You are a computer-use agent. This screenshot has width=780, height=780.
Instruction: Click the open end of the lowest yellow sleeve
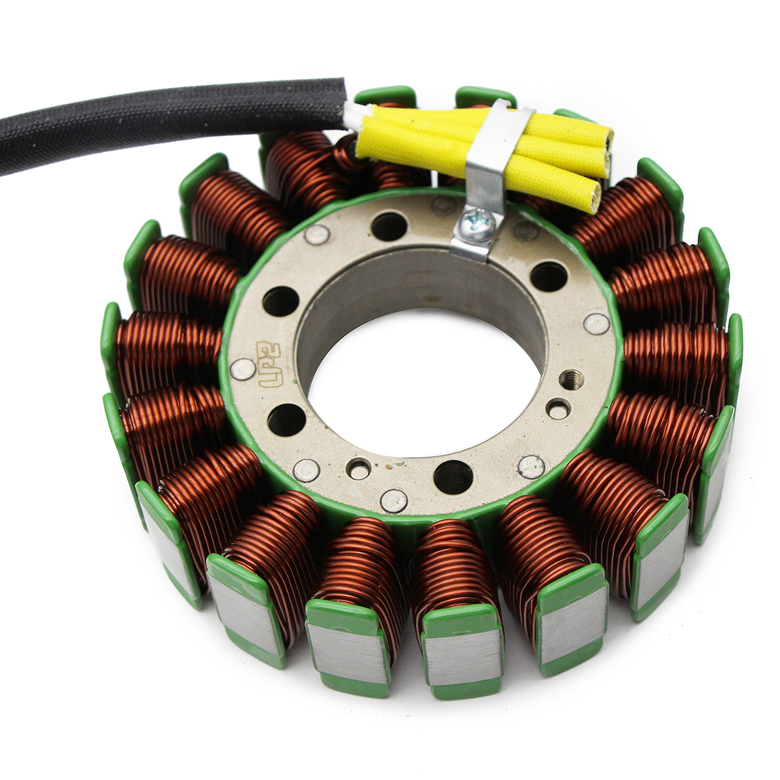[x=594, y=197]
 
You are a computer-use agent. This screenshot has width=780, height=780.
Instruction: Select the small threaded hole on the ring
[x=570, y=379]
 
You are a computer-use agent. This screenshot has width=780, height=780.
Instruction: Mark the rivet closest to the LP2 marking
[x=243, y=369]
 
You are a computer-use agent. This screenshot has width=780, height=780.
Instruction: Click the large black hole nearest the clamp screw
[x=389, y=226]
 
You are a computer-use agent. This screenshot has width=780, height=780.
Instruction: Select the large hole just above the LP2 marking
[x=281, y=300]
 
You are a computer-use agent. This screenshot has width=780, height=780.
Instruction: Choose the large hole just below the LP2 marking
[x=285, y=420]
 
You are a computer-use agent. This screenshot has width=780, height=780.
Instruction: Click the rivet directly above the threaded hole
[x=597, y=324]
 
